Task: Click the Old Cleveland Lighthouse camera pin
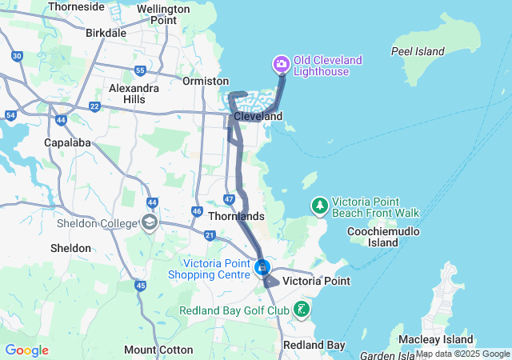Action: pos(281,63)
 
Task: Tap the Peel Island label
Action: pos(417,51)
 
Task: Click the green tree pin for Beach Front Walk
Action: pos(320,206)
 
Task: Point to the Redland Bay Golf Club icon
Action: pos(302,309)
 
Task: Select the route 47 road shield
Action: pos(229,198)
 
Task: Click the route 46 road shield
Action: pos(197,211)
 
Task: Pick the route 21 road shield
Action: pos(210,235)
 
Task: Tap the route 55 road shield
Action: pos(140,70)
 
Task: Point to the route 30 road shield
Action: pos(17,55)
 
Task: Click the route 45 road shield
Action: pos(141,286)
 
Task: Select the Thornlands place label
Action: pos(235,216)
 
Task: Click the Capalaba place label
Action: pos(67,142)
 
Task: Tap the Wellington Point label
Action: pos(163,14)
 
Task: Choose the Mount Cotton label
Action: pos(158,350)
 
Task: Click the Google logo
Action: pos(26,350)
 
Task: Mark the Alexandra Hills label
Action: pos(134,93)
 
